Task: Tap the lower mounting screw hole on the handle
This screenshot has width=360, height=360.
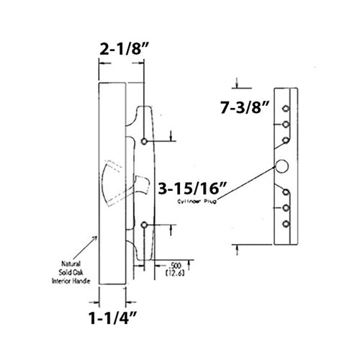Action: point(147,225)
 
